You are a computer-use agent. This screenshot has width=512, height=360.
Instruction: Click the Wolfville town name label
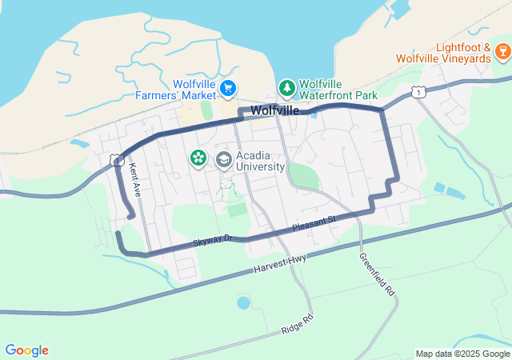274,110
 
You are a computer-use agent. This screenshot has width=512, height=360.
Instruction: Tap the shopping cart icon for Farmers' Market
229,87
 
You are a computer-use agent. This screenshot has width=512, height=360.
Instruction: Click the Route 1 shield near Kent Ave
118,161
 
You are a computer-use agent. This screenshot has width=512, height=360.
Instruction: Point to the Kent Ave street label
135,180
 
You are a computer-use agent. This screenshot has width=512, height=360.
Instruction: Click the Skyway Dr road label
212,240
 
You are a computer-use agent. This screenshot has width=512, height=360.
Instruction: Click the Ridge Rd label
297,325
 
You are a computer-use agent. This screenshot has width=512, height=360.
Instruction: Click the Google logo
27,350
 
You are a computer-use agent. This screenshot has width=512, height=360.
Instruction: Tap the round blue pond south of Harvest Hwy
243,303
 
